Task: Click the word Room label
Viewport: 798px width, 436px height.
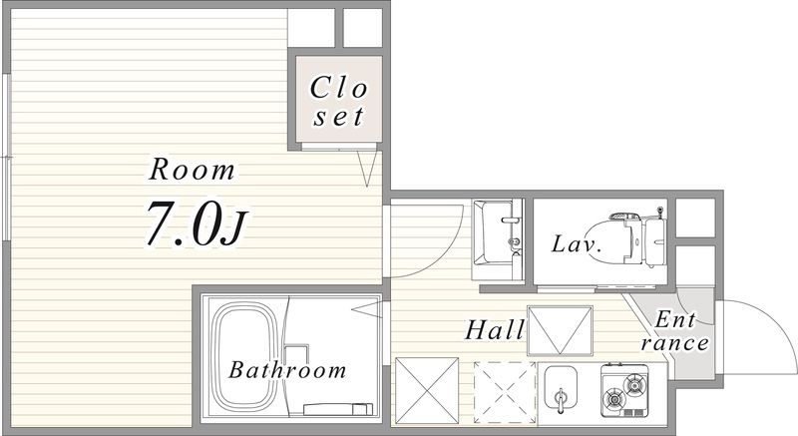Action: pyautogui.click(x=192, y=170)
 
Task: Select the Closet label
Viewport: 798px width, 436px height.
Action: pyautogui.click(x=338, y=101)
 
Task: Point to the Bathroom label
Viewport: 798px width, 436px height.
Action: pyautogui.click(x=287, y=370)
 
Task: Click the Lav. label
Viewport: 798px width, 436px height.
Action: pyautogui.click(x=577, y=244)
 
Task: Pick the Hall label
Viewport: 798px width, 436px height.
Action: pyautogui.click(x=495, y=329)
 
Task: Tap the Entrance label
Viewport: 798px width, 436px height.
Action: pyautogui.click(x=675, y=331)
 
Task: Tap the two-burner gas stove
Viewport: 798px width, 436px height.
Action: pyautogui.click(x=625, y=390)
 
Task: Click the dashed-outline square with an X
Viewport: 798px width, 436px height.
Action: pyautogui.click(x=505, y=392)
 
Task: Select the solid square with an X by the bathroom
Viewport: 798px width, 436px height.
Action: pyautogui.click(x=427, y=390)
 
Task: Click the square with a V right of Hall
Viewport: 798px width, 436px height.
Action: pyautogui.click(x=560, y=330)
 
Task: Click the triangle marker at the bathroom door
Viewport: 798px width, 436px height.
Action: pyautogui.click(x=366, y=309)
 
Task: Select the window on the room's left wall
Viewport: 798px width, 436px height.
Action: pyautogui.click(x=7, y=158)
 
